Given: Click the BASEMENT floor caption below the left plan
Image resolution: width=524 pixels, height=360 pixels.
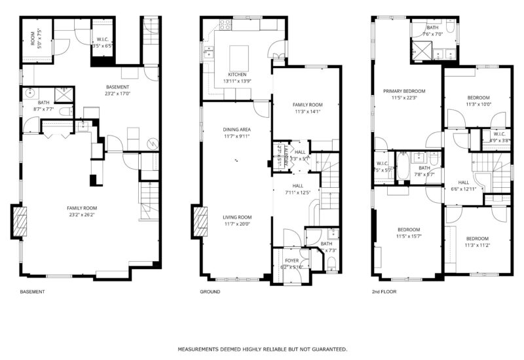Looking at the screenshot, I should click(33, 291).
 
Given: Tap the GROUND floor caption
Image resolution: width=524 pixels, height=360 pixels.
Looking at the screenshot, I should click(210, 291).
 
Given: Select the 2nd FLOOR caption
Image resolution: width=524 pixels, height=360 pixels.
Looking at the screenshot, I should click(384, 291).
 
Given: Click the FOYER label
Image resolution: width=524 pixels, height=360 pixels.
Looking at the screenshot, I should click(292, 261).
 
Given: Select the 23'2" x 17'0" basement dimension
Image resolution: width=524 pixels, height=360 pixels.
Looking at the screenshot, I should click(118, 94).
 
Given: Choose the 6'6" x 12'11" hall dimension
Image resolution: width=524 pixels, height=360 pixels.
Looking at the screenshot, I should click(463, 189).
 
